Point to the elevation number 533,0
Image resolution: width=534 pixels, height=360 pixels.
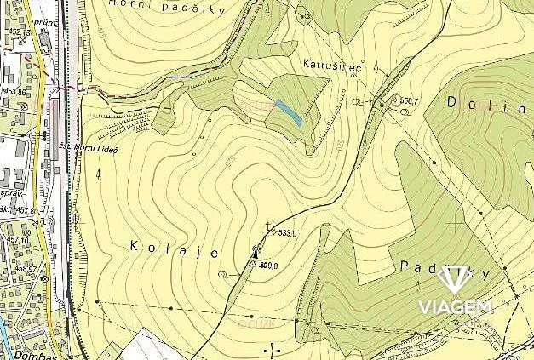tap(287, 232)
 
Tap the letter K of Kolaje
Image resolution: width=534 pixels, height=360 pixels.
tap(135, 246)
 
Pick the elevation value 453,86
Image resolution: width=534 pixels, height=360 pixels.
tap(14, 91)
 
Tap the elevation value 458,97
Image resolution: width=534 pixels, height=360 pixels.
tap(14, 269)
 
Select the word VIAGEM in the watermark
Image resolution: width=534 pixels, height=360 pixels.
tap(454, 307)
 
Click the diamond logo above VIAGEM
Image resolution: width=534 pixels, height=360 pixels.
tap(453, 282)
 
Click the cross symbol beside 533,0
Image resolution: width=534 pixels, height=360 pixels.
tap(269, 226)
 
